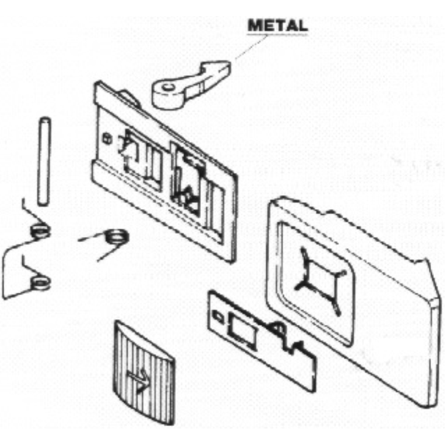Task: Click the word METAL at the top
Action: click(x=277, y=26)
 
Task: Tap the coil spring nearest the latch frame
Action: click(x=116, y=237)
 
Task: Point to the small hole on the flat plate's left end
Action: click(x=218, y=317)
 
